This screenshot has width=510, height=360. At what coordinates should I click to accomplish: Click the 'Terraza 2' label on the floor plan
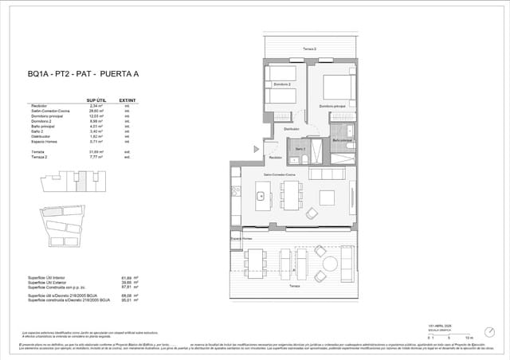pos(310,49)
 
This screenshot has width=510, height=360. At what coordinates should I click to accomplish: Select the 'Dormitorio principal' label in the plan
pos(331,105)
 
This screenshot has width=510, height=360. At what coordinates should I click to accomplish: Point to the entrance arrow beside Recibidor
pos(257,148)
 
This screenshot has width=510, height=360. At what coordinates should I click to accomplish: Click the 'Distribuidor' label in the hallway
pos(292,128)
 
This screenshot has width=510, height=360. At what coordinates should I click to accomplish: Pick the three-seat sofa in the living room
pos(327,174)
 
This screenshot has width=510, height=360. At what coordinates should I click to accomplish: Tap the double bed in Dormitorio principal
pos(338,83)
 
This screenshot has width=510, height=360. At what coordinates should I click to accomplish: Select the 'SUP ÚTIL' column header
pos(96,100)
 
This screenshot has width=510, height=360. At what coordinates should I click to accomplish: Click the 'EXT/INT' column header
pos(126,100)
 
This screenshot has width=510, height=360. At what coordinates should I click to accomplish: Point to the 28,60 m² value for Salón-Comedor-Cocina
pos(98,111)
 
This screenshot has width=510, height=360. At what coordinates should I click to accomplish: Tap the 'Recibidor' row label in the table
pos(39,106)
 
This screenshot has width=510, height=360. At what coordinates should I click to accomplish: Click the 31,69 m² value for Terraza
pos(98,151)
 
